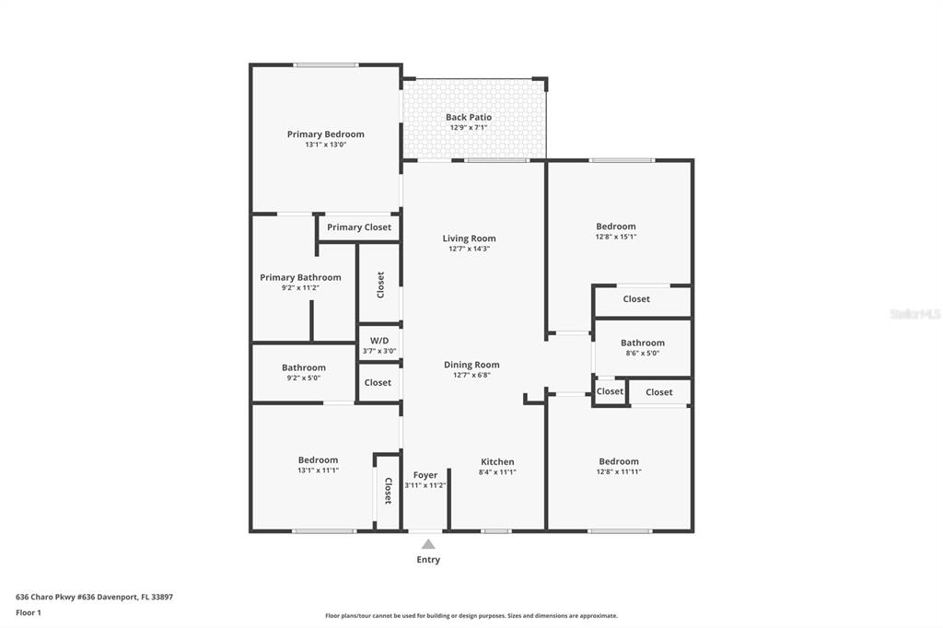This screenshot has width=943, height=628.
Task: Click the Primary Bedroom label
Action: coord(325,134)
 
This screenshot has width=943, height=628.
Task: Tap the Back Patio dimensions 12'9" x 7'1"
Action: coord(469,127)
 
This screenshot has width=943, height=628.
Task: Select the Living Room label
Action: coord(469,238)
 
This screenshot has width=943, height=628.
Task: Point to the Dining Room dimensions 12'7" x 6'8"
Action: coord(471,375)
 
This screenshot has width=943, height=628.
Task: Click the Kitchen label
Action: coord(497,462)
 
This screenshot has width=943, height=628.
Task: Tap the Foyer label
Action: coord(425,475)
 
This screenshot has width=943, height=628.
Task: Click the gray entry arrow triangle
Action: coord(428,544)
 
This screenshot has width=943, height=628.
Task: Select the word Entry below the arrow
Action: coord(428,560)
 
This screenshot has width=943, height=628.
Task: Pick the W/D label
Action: coord(379,341)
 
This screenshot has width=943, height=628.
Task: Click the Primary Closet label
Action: coord(359,227)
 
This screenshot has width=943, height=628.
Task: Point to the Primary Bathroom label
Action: coord(300,277)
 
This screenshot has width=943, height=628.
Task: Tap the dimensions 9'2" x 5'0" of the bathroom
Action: coord(304,378)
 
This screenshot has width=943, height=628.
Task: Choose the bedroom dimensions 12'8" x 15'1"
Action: coord(616,237)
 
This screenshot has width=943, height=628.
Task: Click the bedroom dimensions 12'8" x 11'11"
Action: coord(619,471)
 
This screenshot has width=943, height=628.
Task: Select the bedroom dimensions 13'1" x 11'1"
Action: coord(318,471)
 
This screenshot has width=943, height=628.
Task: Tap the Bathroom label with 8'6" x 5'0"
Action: coord(643,343)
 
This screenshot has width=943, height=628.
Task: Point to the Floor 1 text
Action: coord(29,613)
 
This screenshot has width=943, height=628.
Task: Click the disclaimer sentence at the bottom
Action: coord(471,615)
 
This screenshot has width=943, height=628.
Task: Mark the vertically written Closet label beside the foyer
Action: coord(388,490)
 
